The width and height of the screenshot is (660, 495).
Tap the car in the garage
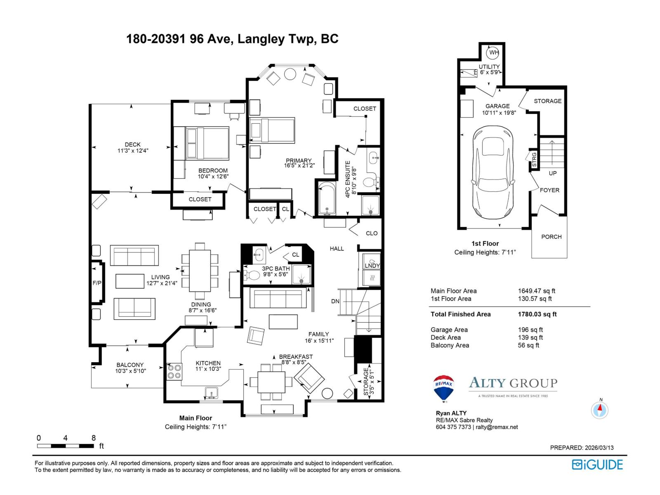point(493,172)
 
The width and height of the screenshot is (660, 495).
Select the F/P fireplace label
point(97,283)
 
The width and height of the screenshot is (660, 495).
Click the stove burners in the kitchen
point(174,372)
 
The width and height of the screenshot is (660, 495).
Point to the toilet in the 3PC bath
point(251,275)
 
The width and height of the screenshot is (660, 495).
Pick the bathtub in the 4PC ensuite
point(327,198)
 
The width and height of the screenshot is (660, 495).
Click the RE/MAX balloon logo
point(443,388)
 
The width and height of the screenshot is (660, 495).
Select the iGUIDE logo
point(597,464)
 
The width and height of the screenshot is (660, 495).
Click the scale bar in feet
point(65,446)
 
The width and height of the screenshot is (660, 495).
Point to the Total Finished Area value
point(537,314)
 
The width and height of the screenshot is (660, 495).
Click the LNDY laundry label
point(372,266)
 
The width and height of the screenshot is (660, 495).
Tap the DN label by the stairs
point(335,301)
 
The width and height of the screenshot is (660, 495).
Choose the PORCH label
point(551,237)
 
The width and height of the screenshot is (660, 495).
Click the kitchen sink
point(211,393)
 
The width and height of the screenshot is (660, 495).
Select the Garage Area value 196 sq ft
point(530,330)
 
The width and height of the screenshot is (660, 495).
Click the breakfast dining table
point(271,382)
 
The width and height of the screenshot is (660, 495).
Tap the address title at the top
point(232,39)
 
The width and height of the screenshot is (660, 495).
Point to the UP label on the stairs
point(552,173)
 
